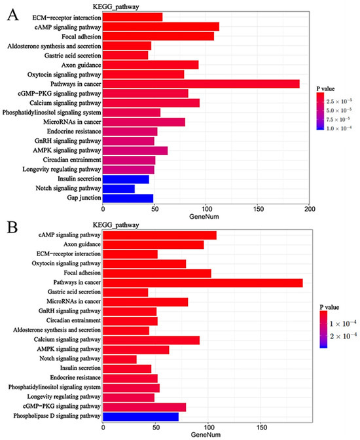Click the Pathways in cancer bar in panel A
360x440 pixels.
click(x=201, y=84)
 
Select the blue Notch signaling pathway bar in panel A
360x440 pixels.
click(x=118, y=189)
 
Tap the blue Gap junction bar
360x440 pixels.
click(x=128, y=198)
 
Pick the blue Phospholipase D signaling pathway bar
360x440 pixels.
click(x=141, y=416)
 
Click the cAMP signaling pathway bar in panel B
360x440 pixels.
click(x=159, y=235)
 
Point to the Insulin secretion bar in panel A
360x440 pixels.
click(x=126, y=179)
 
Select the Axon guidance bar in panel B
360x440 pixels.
click(x=153, y=245)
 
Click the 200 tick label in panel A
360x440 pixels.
click(x=310, y=209)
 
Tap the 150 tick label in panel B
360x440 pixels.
click(x=261, y=428)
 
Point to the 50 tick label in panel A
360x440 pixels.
click(x=154, y=209)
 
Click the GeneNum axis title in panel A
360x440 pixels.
click(x=204, y=217)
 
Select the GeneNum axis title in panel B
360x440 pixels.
click(x=206, y=435)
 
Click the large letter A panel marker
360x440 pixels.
click(x=12, y=15)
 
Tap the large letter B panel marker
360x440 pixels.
click(x=12, y=228)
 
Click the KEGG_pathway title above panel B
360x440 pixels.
click(x=116, y=225)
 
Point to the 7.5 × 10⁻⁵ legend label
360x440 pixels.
click(x=338, y=119)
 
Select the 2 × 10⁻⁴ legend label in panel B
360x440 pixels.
click(x=343, y=336)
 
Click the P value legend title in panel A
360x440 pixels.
click(x=325, y=88)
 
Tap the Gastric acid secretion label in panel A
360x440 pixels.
click(x=73, y=56)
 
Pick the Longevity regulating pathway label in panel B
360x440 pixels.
click(x=63, y=397)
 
